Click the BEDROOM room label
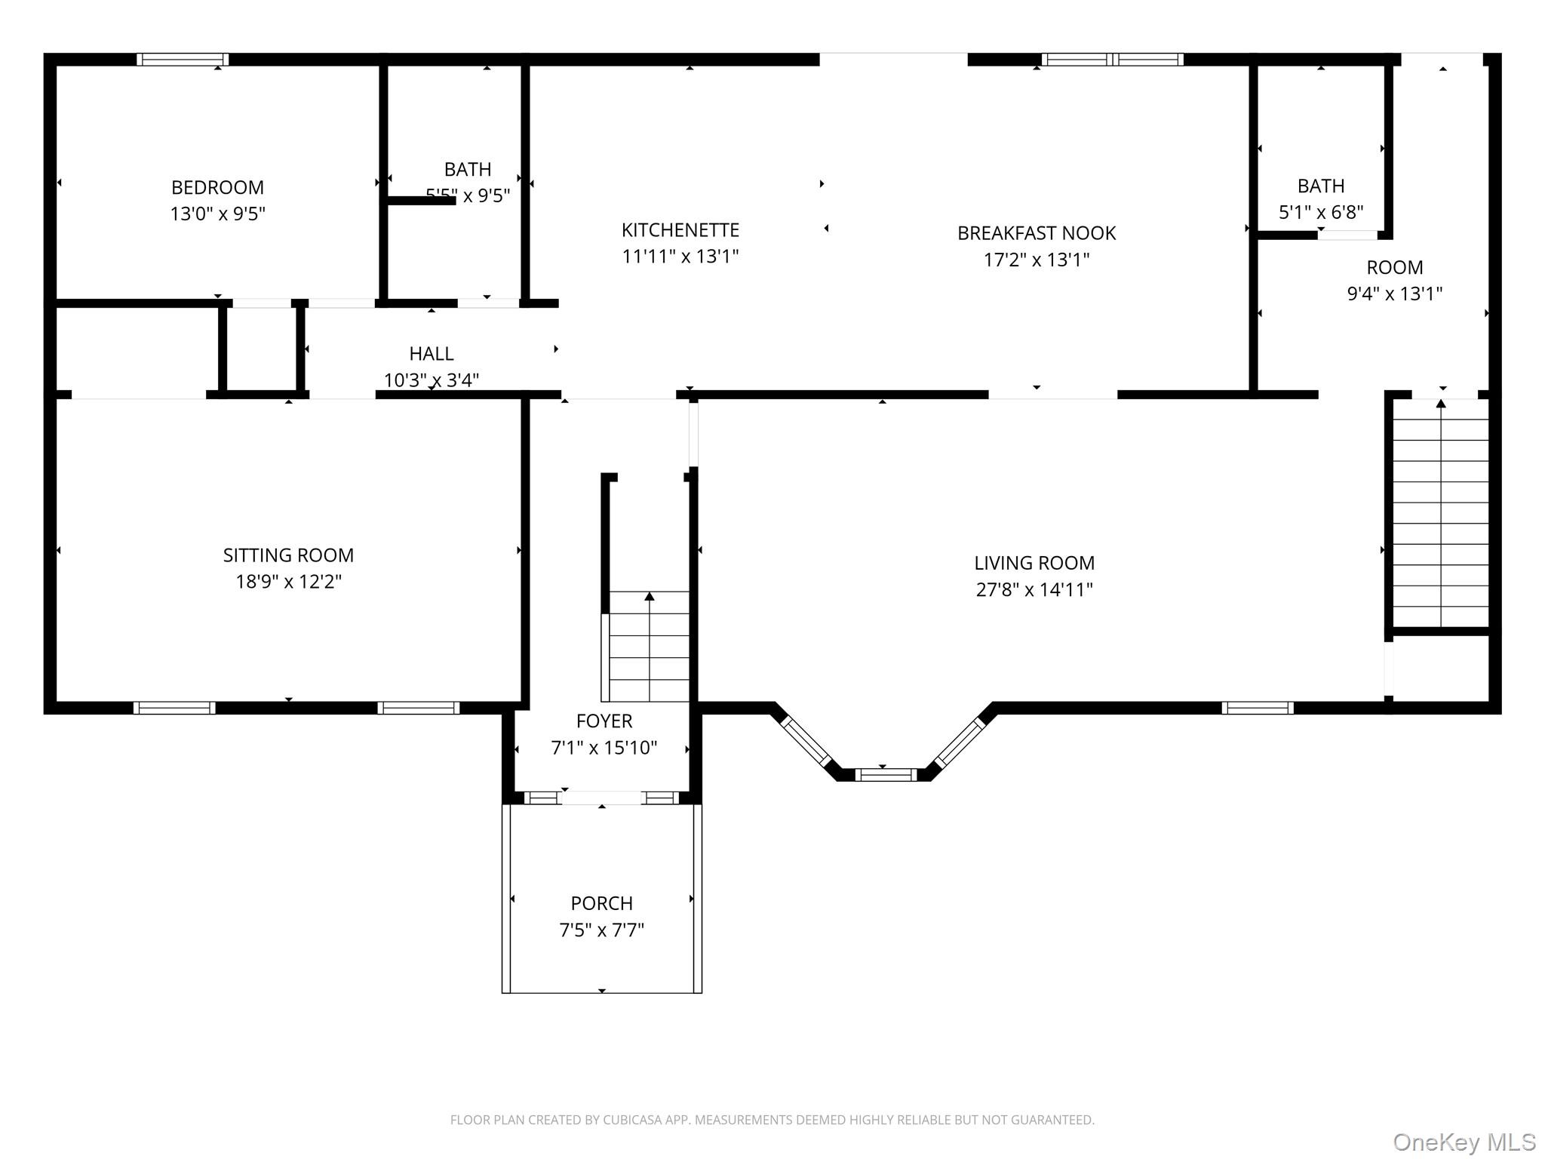217,187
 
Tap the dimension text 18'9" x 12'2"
288,582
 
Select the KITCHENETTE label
680,230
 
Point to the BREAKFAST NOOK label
1036,233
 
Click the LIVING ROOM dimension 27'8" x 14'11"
1034,589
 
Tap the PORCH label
601,903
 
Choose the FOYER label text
604,721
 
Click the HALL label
431,354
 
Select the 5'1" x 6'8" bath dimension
1320,212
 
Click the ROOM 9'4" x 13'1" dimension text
1394,294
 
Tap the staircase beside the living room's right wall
1439,513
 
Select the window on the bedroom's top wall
182,60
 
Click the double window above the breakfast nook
1112,60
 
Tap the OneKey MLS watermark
1464,1142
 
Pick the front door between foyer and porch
601,798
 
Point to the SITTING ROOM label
288,555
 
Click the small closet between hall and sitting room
261,349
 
